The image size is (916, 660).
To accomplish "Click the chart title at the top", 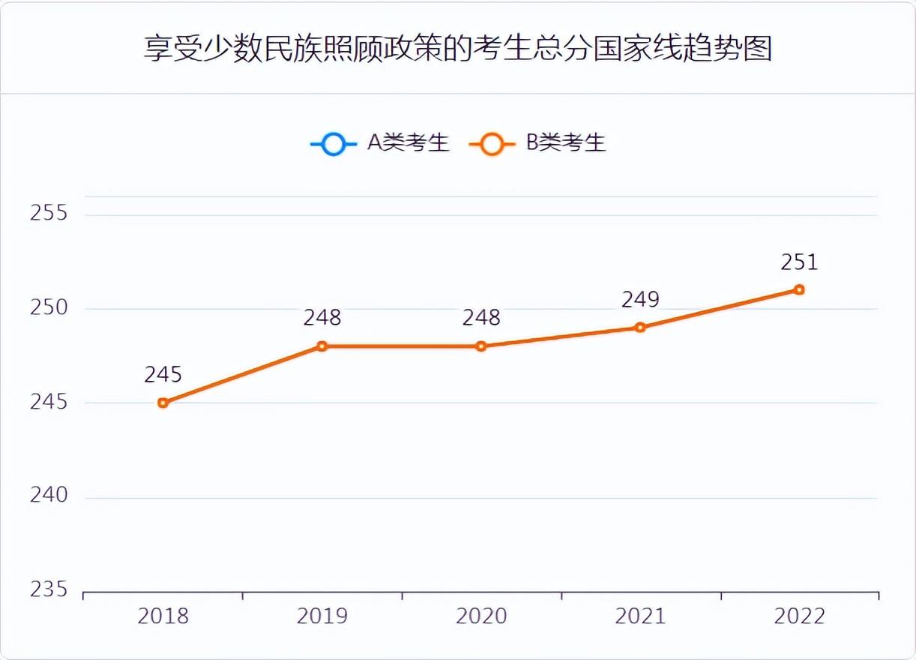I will tap(458, 49).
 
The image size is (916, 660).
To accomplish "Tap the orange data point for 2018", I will tap(163, 403).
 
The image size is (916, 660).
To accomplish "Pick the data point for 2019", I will tap(322, 346).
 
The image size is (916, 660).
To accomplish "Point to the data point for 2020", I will tap(481, 346).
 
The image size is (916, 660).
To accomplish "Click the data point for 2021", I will tap(640, 327).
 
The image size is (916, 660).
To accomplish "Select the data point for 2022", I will tap(799, 289).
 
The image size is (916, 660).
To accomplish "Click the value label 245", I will tap(163, 374).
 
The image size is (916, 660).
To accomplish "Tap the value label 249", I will tap(640, 299).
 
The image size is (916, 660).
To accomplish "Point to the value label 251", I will tap(799, 262).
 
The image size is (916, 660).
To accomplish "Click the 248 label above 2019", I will tap(322, 318).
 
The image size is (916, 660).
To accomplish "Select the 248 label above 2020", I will tap(481, 318).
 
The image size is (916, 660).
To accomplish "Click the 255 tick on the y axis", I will tap(49, 213).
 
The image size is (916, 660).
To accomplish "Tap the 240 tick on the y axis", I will tap(49, 495).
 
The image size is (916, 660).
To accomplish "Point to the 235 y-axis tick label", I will tap(49, 589).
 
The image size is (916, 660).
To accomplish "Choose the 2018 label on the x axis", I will tap(163, 616).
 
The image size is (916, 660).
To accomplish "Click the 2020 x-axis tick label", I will tap(481, 616).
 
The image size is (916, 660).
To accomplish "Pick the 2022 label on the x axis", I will tap(799, 616).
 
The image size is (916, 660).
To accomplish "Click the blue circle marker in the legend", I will tap(334, 143).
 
